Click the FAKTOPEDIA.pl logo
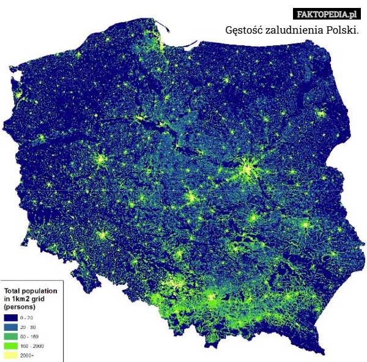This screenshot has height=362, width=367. coord(325,13)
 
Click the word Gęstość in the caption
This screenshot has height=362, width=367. coord(245,30)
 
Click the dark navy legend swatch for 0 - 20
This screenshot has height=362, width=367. coord(10,318)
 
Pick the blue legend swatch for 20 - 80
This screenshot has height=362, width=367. coord(10,327)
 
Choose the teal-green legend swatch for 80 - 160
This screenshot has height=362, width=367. coord(10,336)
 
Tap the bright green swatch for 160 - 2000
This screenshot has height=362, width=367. coord(10,345)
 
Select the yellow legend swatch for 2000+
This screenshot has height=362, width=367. coord(10,355)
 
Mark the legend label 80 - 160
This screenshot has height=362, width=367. coord(30,336)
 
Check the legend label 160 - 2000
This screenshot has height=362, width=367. coord(32,345)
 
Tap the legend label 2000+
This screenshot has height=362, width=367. coord(28,355)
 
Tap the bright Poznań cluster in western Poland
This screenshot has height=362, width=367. coord(102,160)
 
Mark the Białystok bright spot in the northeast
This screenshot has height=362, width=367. coord(321,113)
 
